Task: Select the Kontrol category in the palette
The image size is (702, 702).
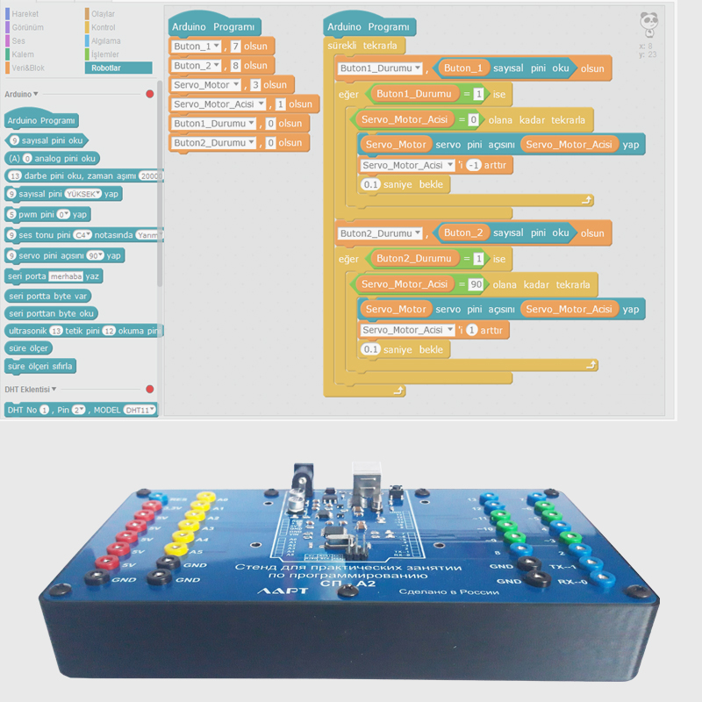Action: (104, 27)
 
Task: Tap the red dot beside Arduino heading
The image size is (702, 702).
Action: (150, 94)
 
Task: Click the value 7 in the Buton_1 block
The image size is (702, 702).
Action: (235, 47)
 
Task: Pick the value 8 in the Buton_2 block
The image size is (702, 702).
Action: (235, 66)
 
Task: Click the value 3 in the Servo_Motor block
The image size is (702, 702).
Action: (254, 85)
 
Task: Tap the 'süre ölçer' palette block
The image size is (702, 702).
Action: (28, 347)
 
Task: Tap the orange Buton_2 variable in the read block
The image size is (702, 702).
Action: (463, 233)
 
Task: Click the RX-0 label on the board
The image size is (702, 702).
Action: (562, 581)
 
